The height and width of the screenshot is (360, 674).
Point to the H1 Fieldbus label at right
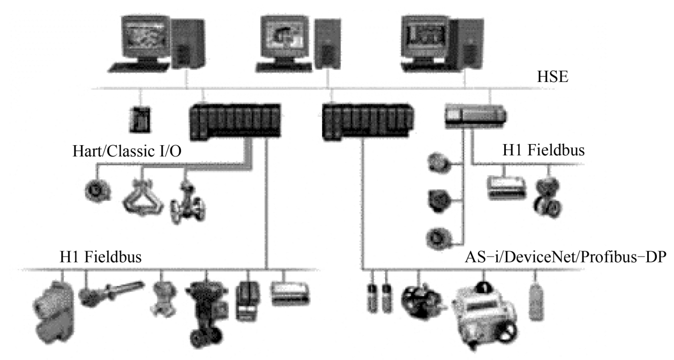coord(544,150)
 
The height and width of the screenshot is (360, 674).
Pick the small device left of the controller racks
coord(140,119)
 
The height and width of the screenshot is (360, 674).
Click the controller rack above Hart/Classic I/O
coord(235,121)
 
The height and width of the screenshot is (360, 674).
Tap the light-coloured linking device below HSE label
coord(475,116)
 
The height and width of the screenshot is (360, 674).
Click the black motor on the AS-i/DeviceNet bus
coord(421,303)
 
